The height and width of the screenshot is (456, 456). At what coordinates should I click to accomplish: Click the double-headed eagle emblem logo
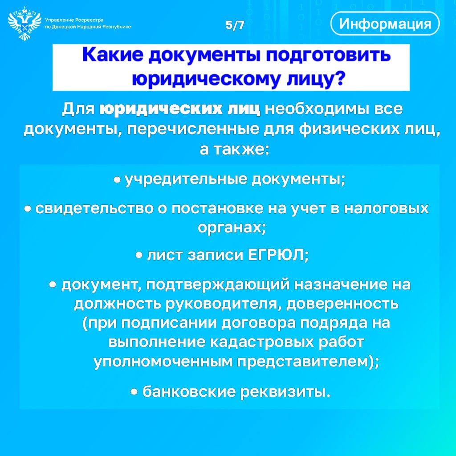(25, 23)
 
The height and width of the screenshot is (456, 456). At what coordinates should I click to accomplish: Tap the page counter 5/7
(235, 25)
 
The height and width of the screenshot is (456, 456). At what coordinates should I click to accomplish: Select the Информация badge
(385, 24)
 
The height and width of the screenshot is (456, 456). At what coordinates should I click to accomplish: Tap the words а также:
(234, 149)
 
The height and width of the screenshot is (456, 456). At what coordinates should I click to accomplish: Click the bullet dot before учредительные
(117, 180)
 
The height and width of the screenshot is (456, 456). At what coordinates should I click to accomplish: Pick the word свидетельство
(94, 208)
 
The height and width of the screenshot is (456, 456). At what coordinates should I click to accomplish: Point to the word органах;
(232, 228)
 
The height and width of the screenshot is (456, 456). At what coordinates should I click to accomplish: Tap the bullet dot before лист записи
(139, 256)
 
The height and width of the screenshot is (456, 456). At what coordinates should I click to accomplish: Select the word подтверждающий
(218, 285)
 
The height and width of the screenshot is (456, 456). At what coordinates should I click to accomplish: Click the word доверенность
(342, 304)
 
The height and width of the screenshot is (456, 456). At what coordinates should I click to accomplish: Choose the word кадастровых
(262, 342)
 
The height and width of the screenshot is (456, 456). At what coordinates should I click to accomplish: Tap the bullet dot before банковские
(134, 392)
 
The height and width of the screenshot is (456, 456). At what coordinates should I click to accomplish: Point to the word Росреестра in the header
(89, 20)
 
